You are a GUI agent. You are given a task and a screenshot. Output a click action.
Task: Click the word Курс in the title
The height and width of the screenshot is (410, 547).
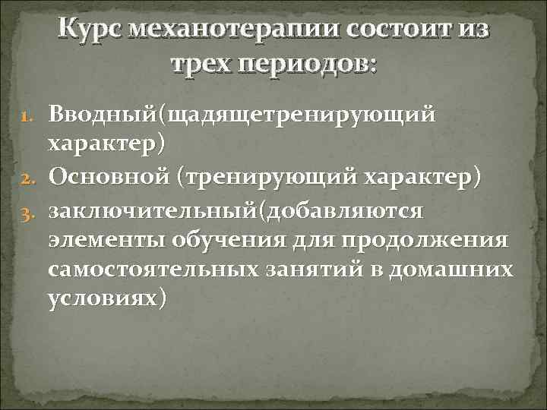coord(90,30)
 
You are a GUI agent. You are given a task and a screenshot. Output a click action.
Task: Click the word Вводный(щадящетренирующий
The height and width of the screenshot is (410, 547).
coord(242,115)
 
